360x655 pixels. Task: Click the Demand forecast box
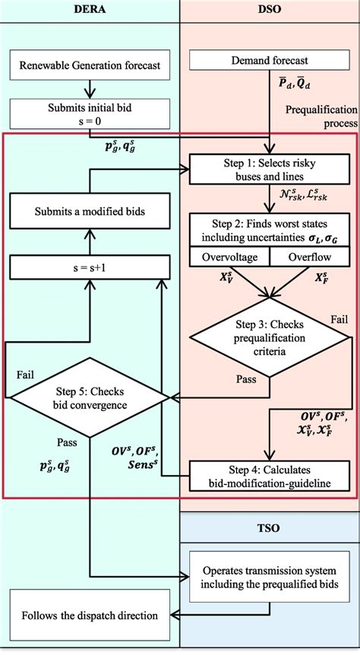270,65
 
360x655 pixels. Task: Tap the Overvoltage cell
228,258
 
